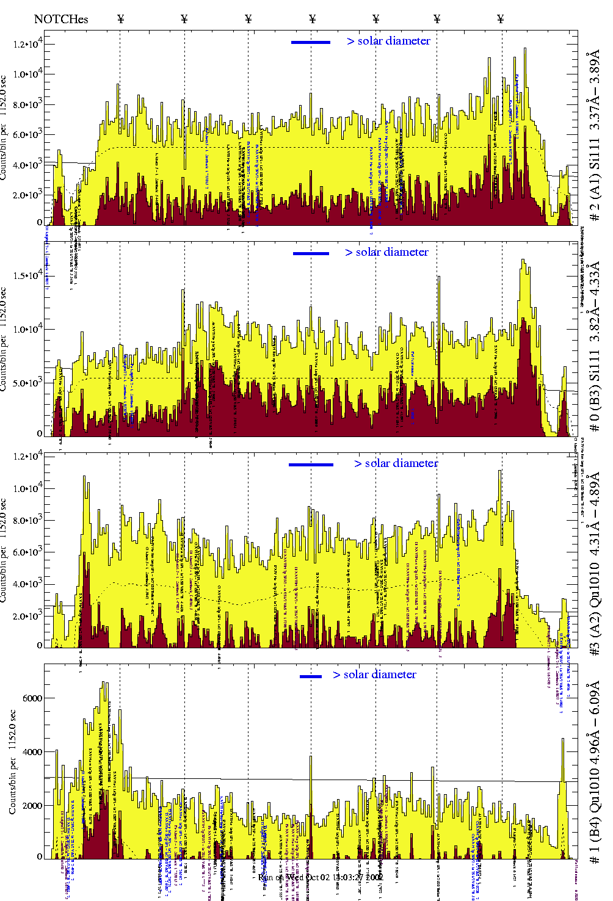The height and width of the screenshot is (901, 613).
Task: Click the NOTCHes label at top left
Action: click(x=61, y=19)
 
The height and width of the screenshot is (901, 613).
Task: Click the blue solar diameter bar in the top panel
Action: click(x=311, y=42)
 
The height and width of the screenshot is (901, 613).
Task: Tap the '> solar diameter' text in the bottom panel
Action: click(x=375, y=675)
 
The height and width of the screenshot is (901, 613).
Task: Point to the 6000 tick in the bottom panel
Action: click(x=32, y=698)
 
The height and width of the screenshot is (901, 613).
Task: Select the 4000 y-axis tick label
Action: click(x=32, y=752)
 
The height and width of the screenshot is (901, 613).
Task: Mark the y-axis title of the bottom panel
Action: click(x=12, y=761)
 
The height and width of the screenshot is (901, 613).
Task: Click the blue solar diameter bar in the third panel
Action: click(x=311, y=465)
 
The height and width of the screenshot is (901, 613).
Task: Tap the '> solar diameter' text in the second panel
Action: click(x=386, y=252)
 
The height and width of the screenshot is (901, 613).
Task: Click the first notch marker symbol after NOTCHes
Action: click(x=120, y=19)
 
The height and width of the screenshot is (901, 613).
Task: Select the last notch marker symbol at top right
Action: click(x=501, y=19)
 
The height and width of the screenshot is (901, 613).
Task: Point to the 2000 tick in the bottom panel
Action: click(x=32, y=806)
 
